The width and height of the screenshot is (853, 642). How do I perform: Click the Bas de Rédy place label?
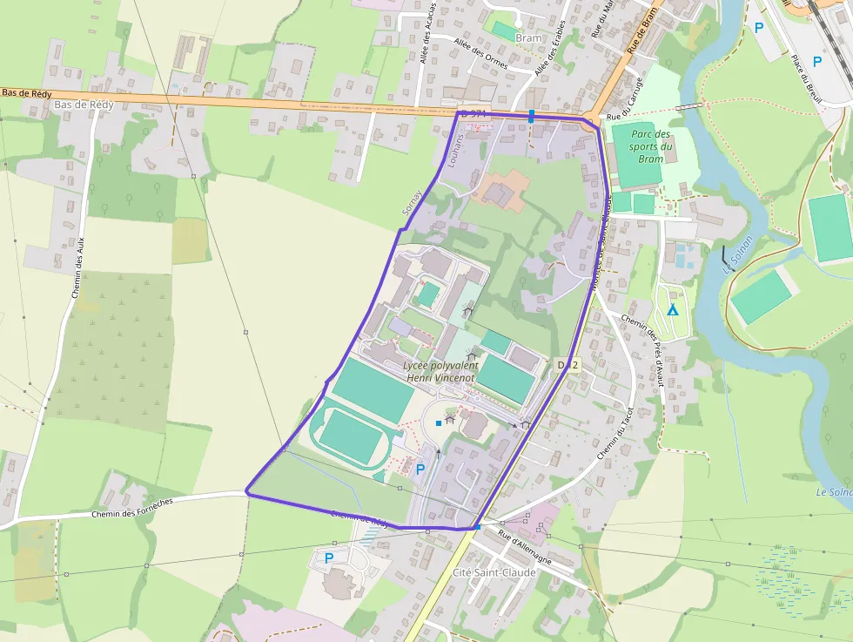coord(84,105)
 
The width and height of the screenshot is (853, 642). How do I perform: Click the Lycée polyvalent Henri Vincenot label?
coord(442,372)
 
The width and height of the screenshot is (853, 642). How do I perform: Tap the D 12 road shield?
coord(568,364)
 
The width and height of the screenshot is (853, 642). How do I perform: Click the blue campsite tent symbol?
coord(671,310)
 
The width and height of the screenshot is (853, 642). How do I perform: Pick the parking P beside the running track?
coord(420,470)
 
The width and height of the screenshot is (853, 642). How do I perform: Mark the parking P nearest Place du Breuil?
coord(816,61)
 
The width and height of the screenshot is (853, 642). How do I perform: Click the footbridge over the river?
coord(688,105)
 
